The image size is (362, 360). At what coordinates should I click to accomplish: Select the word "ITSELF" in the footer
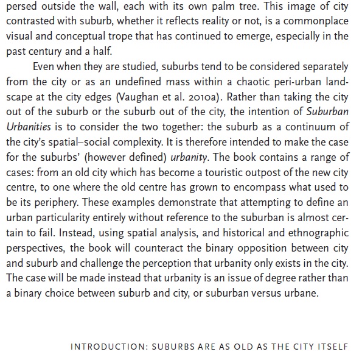332,348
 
